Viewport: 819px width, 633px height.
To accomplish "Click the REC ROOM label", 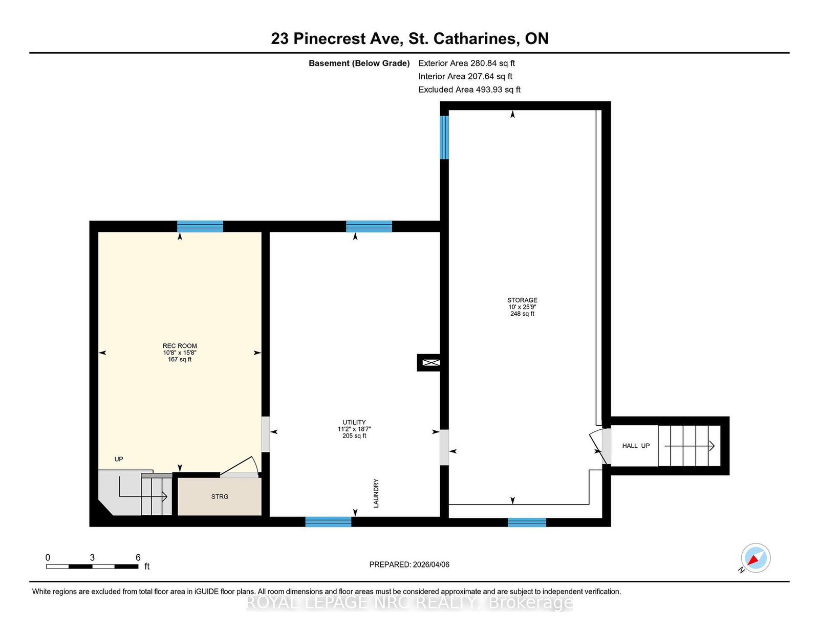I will coord(180,346).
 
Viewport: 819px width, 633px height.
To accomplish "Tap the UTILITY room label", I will coord(354,423).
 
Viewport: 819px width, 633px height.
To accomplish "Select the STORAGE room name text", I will coord(522,300).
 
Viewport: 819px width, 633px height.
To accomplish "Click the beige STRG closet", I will coord(220,497).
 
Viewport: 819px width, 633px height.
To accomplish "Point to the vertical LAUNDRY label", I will coord(376,493).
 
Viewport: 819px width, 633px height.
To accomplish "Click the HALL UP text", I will coord(636,446).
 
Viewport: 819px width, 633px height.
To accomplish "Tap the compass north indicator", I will coord(755,558).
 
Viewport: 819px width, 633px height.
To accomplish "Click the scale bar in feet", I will coord(92,566).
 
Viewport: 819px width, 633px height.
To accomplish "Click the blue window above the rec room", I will coord(200,226).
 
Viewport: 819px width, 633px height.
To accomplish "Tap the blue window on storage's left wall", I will coord(444,138).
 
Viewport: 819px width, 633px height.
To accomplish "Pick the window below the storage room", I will coord(527,522).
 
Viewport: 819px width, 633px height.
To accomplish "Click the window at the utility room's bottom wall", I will coord(328,522).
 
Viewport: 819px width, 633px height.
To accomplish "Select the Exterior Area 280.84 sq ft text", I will coord(466,63).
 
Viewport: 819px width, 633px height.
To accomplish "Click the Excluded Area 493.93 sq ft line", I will coord(469,90).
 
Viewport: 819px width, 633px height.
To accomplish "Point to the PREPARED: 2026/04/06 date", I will coord(409,564).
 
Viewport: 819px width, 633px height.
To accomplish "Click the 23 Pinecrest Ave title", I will coord(409,38).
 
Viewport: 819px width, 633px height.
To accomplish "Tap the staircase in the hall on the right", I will coord(688,446).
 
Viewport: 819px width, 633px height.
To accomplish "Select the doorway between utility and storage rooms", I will coord(444,447).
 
